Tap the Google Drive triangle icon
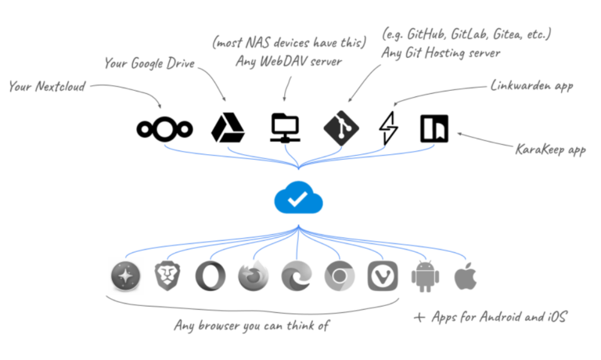coord(228,128)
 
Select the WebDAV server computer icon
coord(285,128)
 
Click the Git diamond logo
coord(341,128)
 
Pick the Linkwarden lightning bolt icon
coord(389,128)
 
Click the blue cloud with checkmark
coord(297,200)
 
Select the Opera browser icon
coord(211,275)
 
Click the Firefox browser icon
coord(254,275)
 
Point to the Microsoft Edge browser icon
coord(297,275)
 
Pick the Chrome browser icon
coord(340,275)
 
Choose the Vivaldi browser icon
coord(383,275)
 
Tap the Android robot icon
coord(426,275)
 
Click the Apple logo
coord(466,275)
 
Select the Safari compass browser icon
coord(125,275)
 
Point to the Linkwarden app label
coord(531,85)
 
